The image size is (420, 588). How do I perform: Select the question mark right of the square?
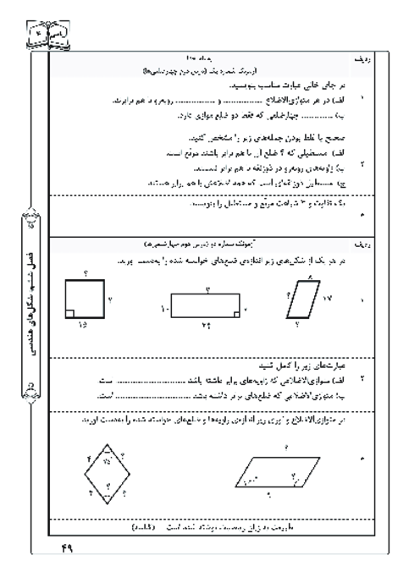(110, 299)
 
